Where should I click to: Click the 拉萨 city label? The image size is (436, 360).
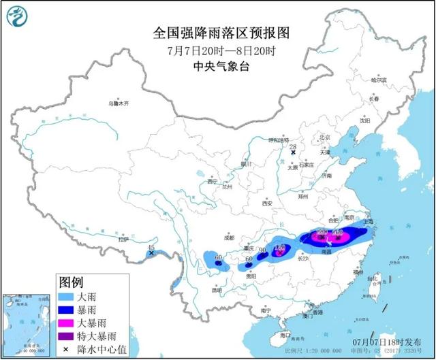123,240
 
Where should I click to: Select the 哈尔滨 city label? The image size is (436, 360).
378,80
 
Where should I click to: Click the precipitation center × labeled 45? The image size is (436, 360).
151,253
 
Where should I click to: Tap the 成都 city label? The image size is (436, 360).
228,238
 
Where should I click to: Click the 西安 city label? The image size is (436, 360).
267,203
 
